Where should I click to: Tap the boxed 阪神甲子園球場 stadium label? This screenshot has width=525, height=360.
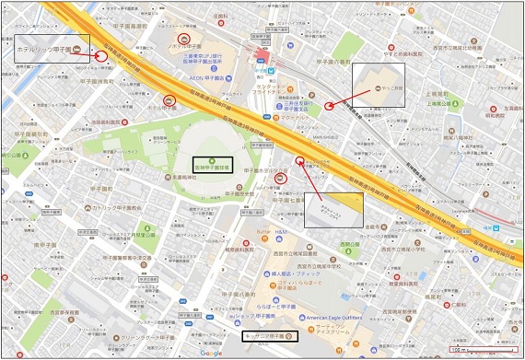click(x=211, y=164)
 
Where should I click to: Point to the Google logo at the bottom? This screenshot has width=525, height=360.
click(x=211, y=353)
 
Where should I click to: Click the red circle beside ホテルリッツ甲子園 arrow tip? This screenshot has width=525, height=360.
click(x=100, y=56)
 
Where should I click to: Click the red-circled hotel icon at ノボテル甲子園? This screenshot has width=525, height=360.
click(x=185, y=40)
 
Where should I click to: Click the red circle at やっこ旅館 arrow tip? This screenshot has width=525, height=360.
click(x=330, y=105)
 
